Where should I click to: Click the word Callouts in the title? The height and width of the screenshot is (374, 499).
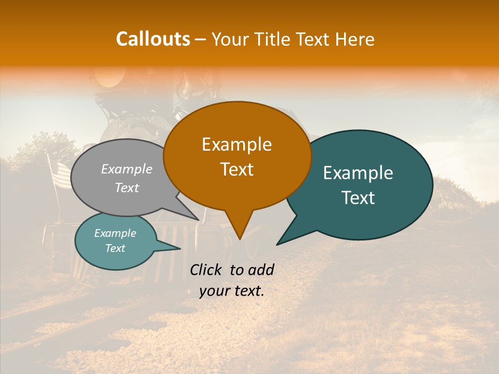[153, 39]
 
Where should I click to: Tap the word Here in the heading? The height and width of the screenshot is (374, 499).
[354, 39]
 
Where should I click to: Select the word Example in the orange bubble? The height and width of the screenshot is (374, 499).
[237, 144]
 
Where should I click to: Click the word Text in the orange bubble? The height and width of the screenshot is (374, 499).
[237, 169]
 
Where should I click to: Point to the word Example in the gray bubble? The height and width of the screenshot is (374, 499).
[127, 169]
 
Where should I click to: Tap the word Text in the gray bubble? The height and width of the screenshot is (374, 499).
[127, 188]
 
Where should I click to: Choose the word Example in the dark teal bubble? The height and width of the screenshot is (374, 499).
[358, 173]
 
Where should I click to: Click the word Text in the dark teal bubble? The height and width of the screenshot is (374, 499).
[358, 198]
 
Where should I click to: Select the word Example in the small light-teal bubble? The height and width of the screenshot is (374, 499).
[115, 233]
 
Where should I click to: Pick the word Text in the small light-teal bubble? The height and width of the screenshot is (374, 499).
[115, 248]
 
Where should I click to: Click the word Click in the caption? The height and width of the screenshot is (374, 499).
[207, 270]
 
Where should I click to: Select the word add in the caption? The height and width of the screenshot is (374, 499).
[260, 270]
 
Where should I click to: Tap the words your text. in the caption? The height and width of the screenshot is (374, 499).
[232, 291]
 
